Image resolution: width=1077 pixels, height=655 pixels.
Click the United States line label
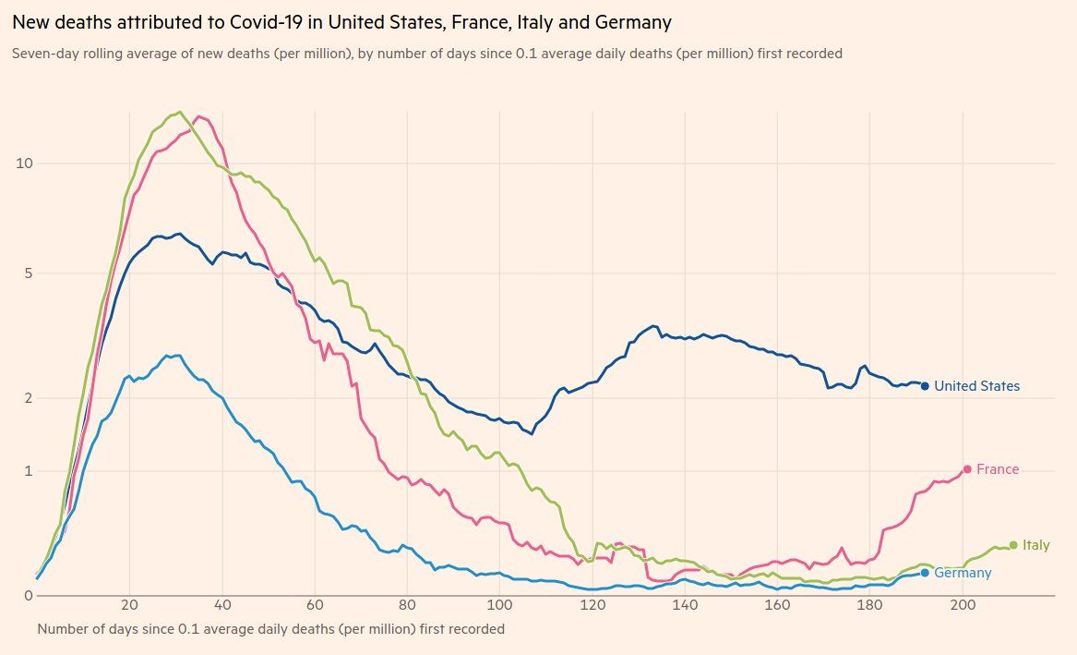(x=976, y=386)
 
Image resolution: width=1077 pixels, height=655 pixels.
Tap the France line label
(x=998, y=469)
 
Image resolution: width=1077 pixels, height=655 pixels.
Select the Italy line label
(x=1035, y=545)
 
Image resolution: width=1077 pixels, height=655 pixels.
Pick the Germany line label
(x=963, y=573)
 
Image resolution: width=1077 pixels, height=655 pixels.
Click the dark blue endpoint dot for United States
(x=925, y=386)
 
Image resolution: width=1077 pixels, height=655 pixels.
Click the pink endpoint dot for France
(x=967, y=469)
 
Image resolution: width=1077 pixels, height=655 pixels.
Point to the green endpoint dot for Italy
(x=1013, y=545)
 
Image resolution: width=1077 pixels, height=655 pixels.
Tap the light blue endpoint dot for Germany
(x=925, y=573)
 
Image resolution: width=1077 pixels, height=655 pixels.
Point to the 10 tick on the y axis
(x=25, y=164)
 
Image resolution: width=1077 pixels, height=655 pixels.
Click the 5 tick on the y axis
(x=29, y=273)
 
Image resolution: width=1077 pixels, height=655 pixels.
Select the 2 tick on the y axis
(x=29, y=398)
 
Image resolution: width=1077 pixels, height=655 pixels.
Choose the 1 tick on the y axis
(x=29, y=471)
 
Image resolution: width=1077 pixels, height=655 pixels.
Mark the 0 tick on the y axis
(x=29, y=596)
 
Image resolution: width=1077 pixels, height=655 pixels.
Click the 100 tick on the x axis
(x=499, y=607)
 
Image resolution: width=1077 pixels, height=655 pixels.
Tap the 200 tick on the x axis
(x=963, y=607)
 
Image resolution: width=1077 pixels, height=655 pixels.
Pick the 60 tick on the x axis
(x=315, y=607)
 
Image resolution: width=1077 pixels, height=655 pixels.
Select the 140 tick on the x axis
(x=685, y=607)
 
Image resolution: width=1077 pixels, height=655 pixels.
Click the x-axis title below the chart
(x=271, y=629)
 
